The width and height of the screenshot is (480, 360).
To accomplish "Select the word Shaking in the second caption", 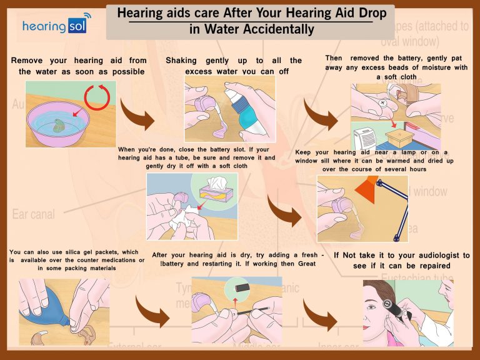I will [x=181, y=61].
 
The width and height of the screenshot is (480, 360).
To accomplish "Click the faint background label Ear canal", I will [x=34, y=214].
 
